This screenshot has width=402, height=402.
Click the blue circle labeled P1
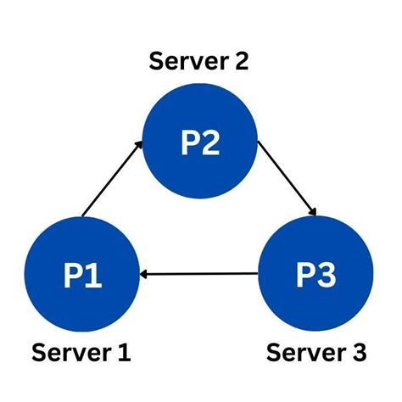click(82, 274)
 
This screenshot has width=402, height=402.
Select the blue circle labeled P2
click(199, 142)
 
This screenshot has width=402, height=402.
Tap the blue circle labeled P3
click(315, 274)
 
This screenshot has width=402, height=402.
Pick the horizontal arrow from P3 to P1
click(199, 274)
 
